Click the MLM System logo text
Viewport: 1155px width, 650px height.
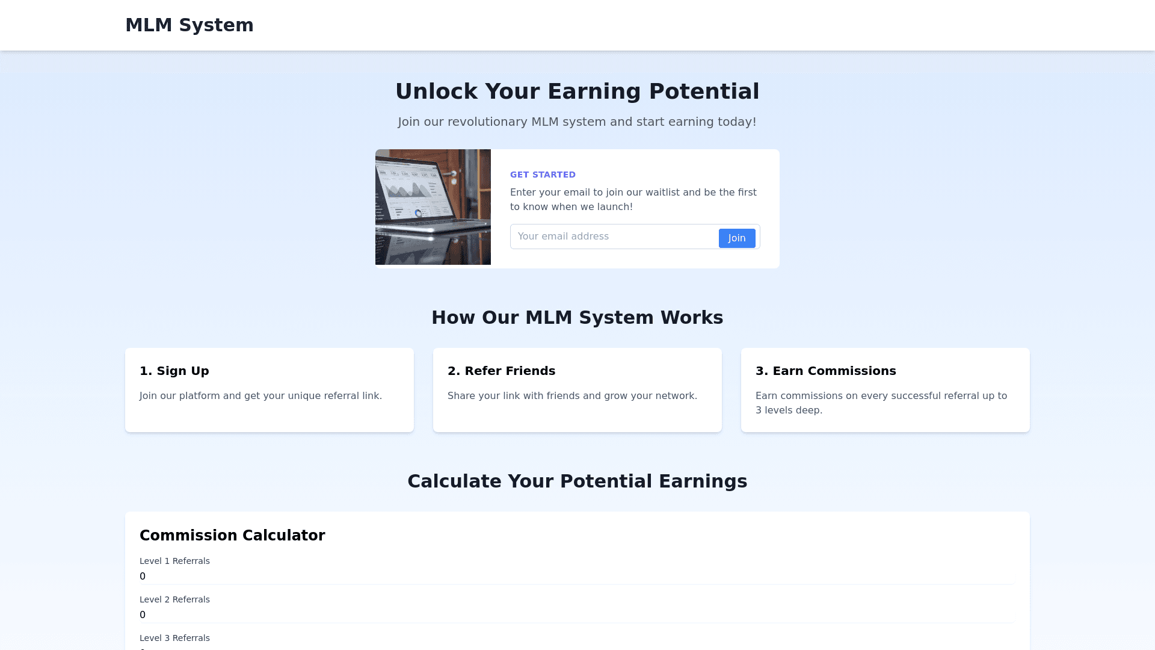[x=189, y=25]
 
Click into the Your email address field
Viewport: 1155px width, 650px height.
[x=614, y=237]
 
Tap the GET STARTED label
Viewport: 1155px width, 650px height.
[x=543, y=175]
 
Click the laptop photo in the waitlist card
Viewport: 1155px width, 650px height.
[x=433, y=207]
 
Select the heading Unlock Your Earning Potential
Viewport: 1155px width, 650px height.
[x=577, y=91]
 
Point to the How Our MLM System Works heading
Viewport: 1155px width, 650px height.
[x=577, y=318]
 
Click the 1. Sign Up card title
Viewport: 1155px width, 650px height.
[x=174, y=371]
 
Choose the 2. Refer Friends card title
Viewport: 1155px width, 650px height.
[x=502, y=371]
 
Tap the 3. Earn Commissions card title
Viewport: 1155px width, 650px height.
[x=826, y=371]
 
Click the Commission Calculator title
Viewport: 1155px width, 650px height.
[x=232, y=536]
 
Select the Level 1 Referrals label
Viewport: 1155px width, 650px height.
[x=174, y=561]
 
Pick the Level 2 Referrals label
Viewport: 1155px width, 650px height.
[x=174, y=599]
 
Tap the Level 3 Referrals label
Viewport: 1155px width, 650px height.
[x=174, y=638]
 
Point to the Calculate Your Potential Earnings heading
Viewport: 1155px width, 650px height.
[x=577, y=481]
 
